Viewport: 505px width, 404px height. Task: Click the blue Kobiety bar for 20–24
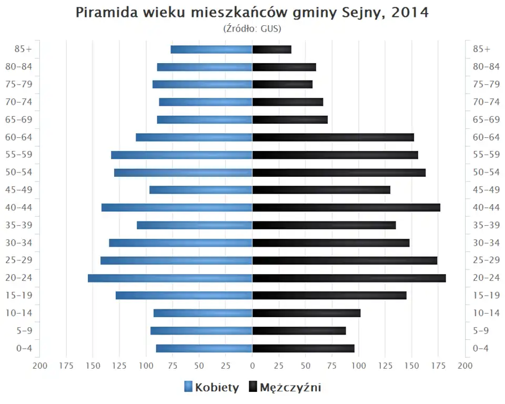pyautogui.click(x=170, y=278)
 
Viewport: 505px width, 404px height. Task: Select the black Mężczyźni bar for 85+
pyautogui.click(x=272, y=49)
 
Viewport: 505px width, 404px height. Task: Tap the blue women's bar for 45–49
pyautogui.click(x=201, y=190)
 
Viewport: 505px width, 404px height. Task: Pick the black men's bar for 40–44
pyautogui.click(x=346, y=208)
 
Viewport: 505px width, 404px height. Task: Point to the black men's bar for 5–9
pyautogui.click(x=299, y=331)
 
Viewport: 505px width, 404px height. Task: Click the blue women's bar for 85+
pyautogui.click(x=211, y=49)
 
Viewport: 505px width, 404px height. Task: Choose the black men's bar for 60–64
pyautogui.click(x=333, y=137)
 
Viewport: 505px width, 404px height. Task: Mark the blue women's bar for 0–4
pyautogui.click(x=204, y=348)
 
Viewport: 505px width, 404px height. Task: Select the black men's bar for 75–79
pyautogui.click(x=282, y=85)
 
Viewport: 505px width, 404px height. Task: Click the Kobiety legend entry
pyautogui.click(x=211, y=388)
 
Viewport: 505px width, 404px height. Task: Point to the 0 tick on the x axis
pyautogui.click(x=252, y=366)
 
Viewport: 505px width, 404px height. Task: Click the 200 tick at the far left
pyautogui.click(x=40, y=366)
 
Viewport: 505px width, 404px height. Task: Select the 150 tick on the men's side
pyautogui.click(x=412, y=366)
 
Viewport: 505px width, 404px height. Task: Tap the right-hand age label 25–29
pyautogui.click(x=486, y=260)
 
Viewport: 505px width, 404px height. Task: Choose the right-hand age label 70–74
pyautogui.click(x=486, y=102)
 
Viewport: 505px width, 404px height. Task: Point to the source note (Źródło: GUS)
pyautogui.click(x=252, y=28)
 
